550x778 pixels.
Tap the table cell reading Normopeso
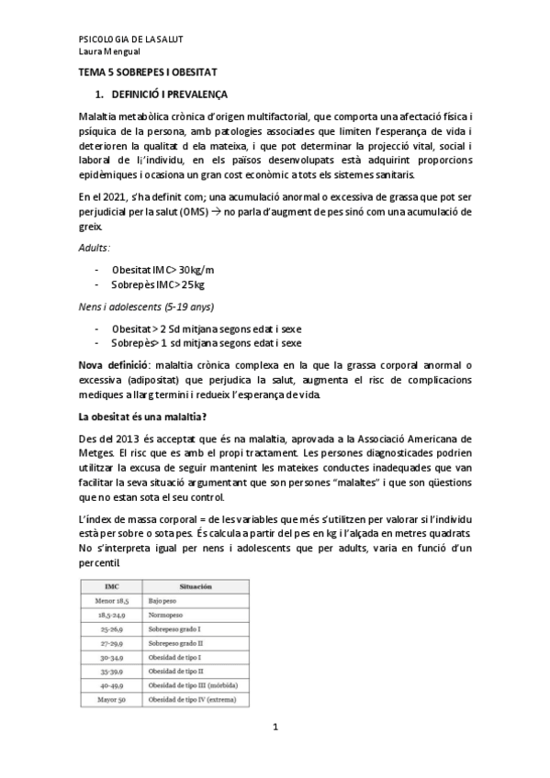165,614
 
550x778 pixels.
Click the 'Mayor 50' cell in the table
110,700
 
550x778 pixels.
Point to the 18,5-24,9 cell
110,614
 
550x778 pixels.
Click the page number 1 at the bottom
275,728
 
